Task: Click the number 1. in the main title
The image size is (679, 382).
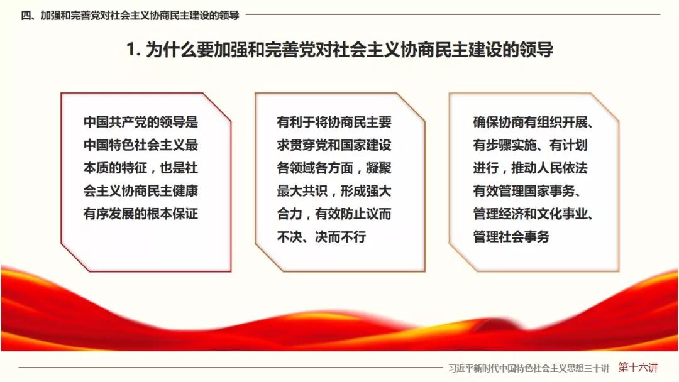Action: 133,50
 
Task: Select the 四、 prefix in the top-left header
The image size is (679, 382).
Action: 28,16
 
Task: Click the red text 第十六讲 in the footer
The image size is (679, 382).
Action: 638,368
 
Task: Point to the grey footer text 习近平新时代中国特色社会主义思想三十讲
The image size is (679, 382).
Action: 529,368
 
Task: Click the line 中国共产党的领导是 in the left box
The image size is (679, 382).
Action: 141,122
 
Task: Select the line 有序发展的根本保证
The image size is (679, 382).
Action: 141,214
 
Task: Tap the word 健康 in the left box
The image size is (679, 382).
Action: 185,191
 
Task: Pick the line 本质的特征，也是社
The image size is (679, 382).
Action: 141,168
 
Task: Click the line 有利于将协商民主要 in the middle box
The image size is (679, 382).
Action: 334,122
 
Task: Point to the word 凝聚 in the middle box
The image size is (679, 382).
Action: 379,168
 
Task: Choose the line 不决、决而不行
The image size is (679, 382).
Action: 321,237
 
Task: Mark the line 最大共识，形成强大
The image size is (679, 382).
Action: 334,191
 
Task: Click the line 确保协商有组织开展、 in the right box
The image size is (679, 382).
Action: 533,122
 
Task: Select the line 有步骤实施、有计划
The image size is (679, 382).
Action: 531,145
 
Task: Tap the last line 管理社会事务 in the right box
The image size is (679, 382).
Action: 511,237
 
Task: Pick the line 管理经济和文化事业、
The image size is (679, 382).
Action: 533,214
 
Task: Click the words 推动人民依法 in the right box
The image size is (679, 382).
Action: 549,168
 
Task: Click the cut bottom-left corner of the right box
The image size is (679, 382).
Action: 463,258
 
